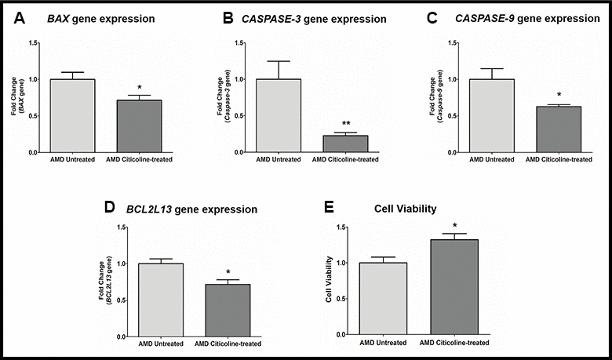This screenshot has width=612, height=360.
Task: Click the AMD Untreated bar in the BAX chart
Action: (x=72, y=115)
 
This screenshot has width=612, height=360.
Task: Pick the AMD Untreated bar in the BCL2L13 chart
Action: (x=160, y=300)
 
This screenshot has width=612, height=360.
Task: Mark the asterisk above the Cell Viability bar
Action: (x=454, y=225)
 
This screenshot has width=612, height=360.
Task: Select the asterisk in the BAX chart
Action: (x=161, y=89)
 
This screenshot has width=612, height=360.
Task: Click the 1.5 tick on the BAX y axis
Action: (x=31, y=42)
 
